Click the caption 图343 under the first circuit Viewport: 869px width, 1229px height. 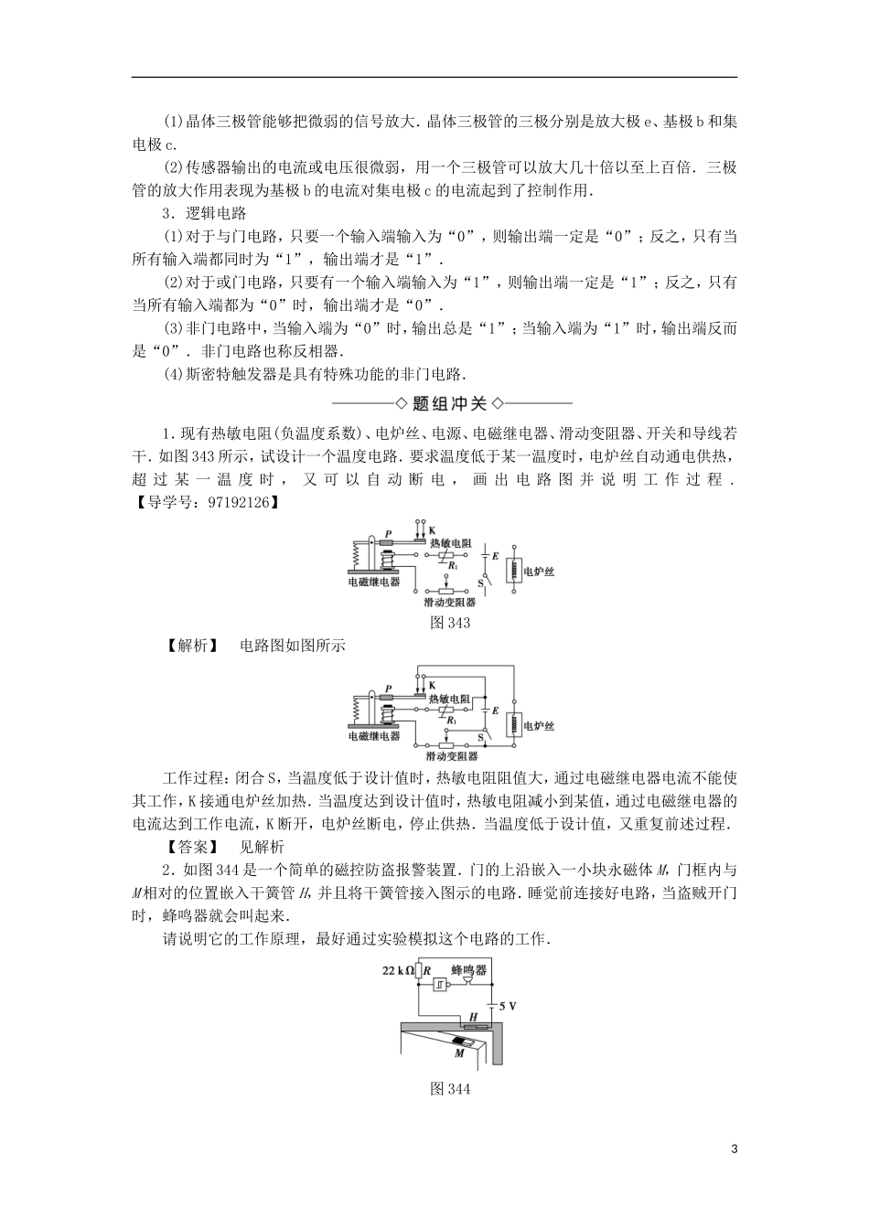pyautogui.click(x=449, y=623)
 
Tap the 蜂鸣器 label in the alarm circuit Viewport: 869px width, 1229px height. pyautogui.click(x=468, y=969)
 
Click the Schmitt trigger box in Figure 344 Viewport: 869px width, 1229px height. pyautogui.click(x=442, y=986)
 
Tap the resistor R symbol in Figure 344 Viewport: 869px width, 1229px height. pyautogui.click(x=419, y=973)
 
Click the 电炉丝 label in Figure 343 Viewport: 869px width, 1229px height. pyautogui.click(x=538, y=572)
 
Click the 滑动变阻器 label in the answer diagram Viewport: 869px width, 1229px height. pyautogui.click(x=451, y=755)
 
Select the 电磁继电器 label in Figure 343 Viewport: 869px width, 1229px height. pyautogui.click(x=373, y=582)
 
